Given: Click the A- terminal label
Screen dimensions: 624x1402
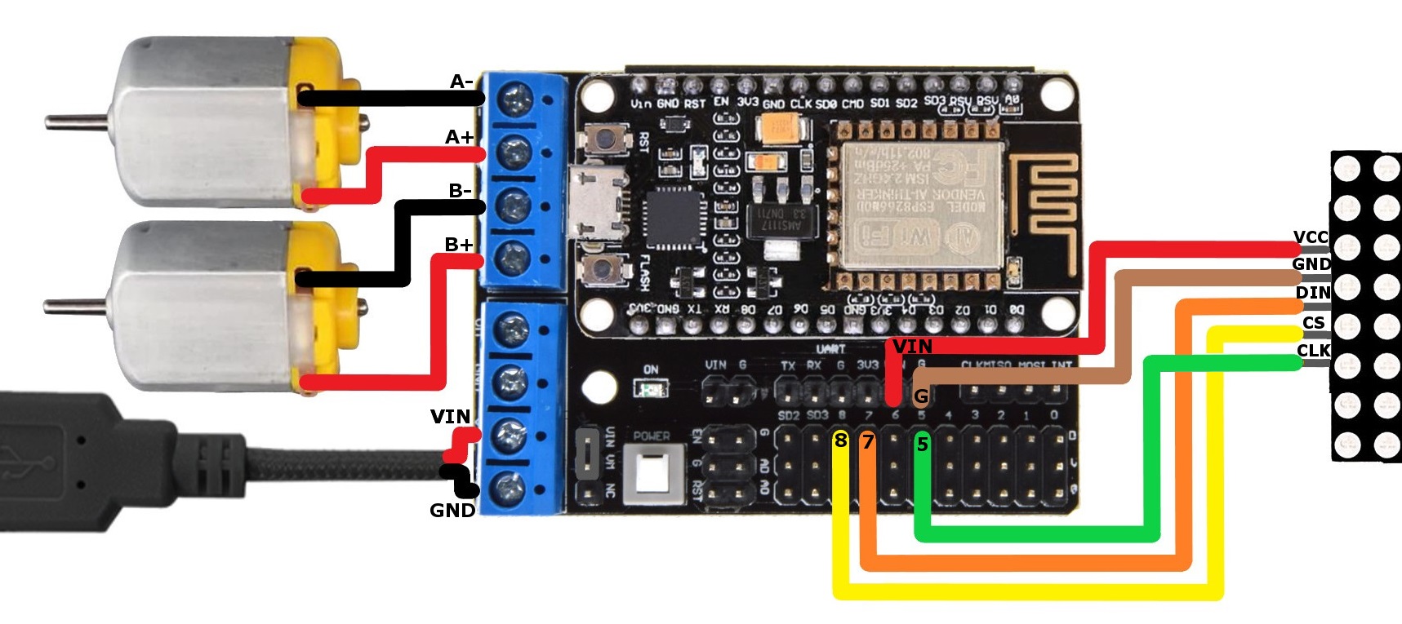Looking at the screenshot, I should (x=461, y=82).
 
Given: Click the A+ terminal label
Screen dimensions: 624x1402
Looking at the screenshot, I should (x=459, y=137).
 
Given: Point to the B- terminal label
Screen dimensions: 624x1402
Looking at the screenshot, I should (x=461, y=191).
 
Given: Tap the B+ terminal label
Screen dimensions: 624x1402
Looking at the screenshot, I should (x=459, y=244).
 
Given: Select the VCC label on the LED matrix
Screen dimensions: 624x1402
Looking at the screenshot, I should (x=1311, y=237).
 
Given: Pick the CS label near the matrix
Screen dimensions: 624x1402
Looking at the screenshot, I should (x=1314, y=323).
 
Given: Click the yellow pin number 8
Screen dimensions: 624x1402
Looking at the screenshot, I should (x=840, y=441).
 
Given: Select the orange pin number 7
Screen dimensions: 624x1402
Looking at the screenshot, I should (x=868, y=442).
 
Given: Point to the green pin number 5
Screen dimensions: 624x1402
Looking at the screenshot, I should (x=922, y=445).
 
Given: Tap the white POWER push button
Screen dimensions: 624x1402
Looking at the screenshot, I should (x=652, y=472).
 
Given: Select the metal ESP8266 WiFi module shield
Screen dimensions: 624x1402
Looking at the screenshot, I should (x=916, y=206).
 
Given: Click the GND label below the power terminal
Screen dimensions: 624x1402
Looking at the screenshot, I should (x=452, y=511).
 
